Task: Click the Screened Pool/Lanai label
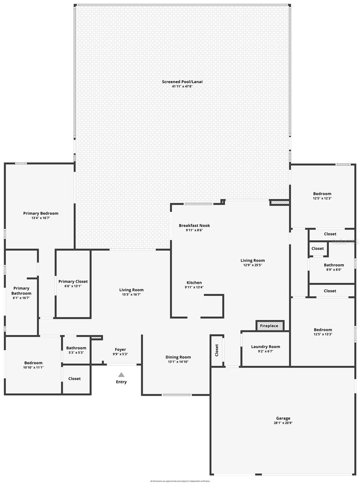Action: [182, 82]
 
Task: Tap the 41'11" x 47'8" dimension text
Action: [182, 87]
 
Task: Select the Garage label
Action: [283, 418]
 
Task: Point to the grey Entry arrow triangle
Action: [121, 375]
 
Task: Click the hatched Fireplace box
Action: [270, 325]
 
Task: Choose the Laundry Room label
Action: [265, 347]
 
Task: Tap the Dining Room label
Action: [178, 357]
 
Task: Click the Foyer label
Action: [120, 349]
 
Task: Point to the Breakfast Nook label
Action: [194, 225]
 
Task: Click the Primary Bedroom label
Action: [41, 213]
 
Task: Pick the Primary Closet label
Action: [73, 281]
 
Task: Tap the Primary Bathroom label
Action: [21, 291]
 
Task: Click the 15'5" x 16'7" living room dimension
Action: [131, 295]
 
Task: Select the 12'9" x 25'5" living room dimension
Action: [252, 265]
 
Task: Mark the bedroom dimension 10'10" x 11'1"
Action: [33, 367]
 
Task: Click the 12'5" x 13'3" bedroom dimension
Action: [323, 334]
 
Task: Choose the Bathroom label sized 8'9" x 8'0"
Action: [334, 265]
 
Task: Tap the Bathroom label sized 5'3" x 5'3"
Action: [76, 348]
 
